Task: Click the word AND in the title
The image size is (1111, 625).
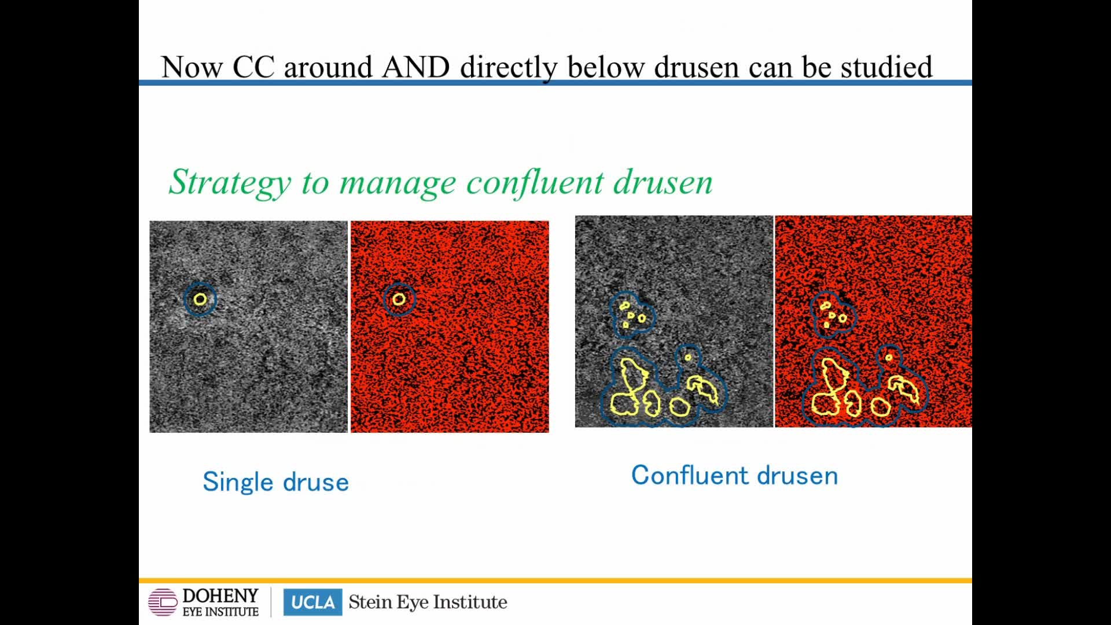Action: click(415, 67)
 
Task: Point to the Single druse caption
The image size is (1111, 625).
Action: click(275, 481)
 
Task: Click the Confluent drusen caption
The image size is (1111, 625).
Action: click(734, 475)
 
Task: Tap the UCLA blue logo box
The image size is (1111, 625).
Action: click(312, 602)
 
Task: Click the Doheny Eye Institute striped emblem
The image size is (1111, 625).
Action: click(163, 602)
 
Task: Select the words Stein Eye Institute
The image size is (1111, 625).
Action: click(428, 602)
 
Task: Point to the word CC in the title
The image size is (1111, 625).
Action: click(253, 67)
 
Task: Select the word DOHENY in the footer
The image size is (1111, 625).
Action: click(220, 596)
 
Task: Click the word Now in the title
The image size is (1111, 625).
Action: click(192, 67)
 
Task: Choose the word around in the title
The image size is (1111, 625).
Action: click(328, 67)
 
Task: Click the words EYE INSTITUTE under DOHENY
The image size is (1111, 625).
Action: click(220, 612)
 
